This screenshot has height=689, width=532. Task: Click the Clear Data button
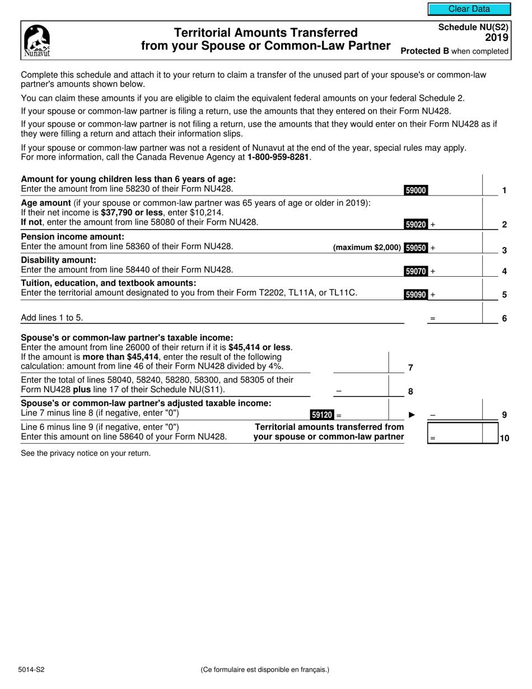pos(469,9)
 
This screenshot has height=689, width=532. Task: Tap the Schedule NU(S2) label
pos(473,27)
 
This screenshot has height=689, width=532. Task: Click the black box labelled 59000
pos(416,190)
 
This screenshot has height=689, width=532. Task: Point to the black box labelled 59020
pos(416,225)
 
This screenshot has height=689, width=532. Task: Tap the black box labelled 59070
pos(416,271)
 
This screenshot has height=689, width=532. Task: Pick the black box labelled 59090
pos(416,294)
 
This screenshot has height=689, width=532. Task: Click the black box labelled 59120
pos(322,415)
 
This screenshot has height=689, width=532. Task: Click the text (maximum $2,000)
pos(367,248)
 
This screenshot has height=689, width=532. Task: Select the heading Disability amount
pos(59,260)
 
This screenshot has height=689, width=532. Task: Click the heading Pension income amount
pos(72,236)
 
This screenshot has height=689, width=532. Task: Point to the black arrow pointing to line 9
pos(412,415)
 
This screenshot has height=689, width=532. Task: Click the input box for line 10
pos(462,433)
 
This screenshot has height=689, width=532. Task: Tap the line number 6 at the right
pos(504,319)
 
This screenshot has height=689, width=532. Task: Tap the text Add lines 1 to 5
pos(52,318)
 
